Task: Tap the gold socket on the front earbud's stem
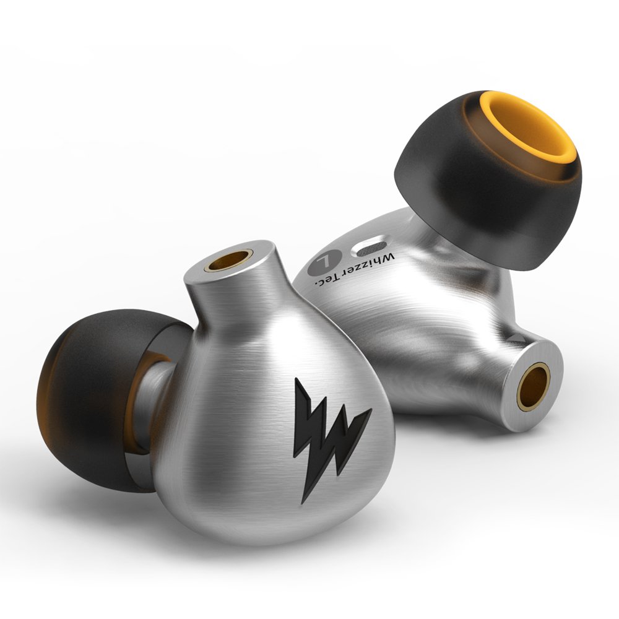click(x=229, y=261)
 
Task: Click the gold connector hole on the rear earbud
click(x=534, y=387)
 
